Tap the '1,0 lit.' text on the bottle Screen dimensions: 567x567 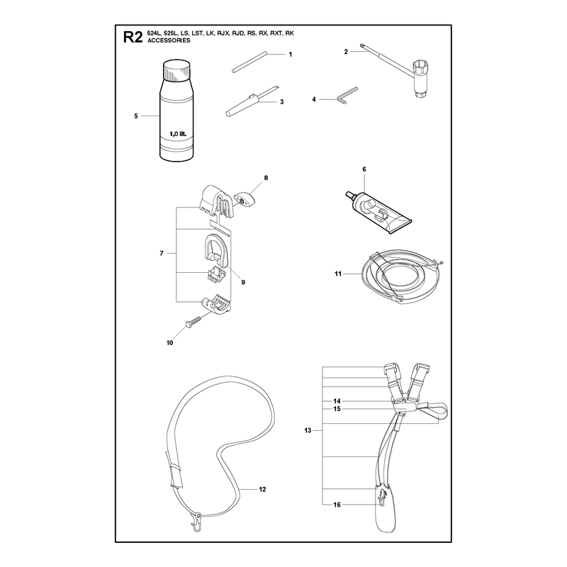pos(178,134)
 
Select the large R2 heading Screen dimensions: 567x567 pos(133,37)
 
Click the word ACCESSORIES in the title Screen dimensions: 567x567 pos(169,40)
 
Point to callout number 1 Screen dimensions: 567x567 pos(290,55)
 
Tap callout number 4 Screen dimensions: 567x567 pos(314,99)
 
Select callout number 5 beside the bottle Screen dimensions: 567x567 pos(136,116)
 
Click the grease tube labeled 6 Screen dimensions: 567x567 pos(378,213)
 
